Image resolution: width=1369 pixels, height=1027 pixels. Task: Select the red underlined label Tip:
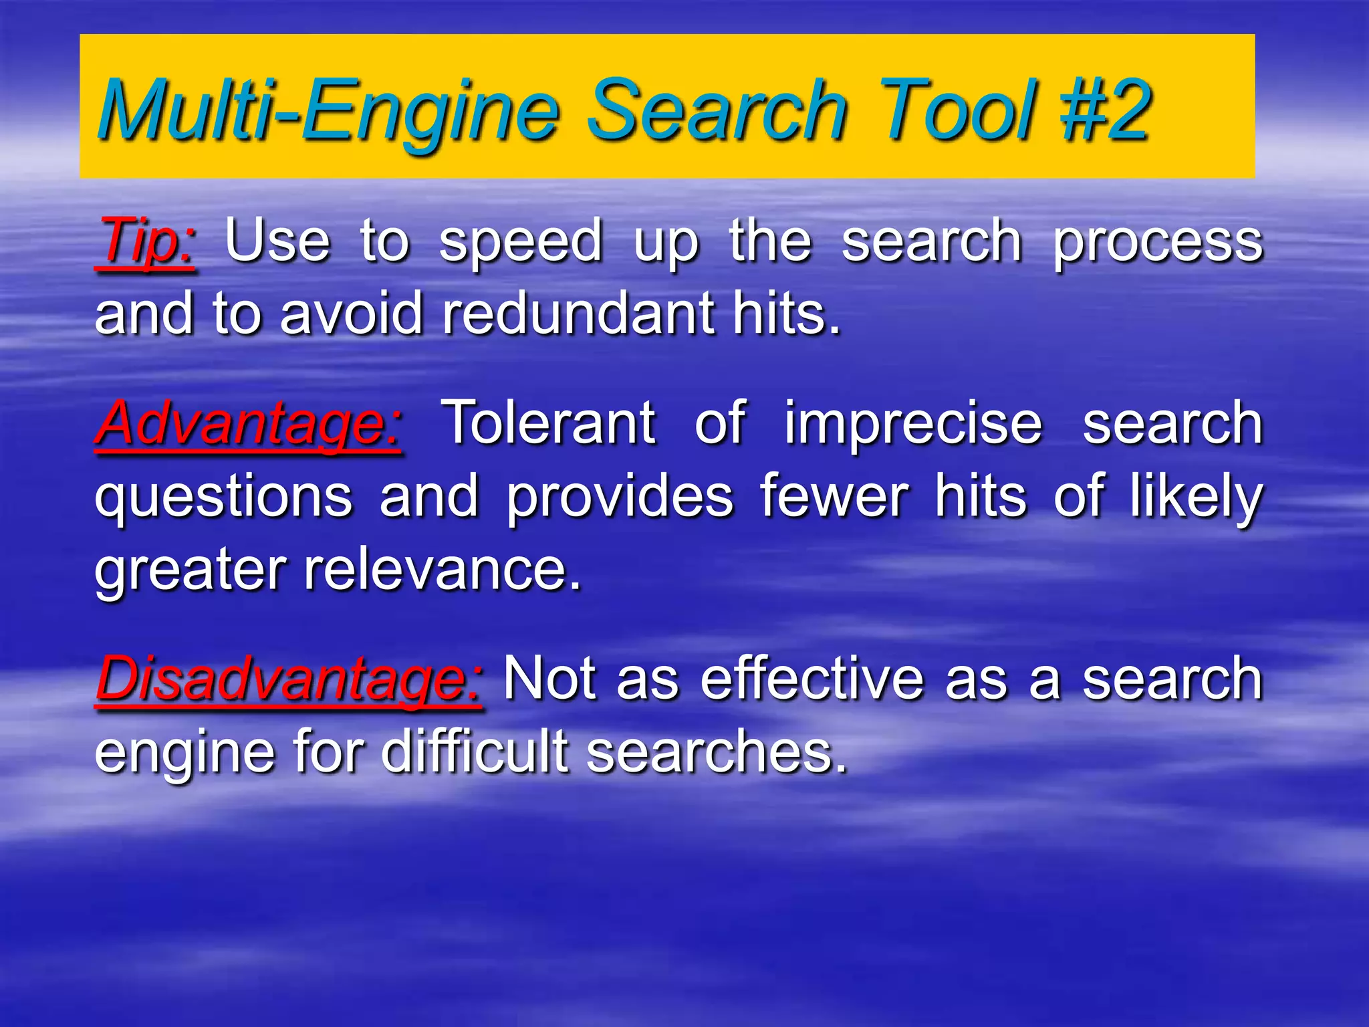click(x=146, y=242)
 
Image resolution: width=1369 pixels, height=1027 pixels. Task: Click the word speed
click(x=521, y=242)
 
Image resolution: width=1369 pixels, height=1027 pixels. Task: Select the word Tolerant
click(x=549, y=423)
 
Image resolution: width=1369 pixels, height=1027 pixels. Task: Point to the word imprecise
click(x=913, y=423)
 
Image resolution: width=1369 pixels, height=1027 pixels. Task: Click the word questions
click(x=224, y=498)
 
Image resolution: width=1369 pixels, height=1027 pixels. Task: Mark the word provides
click(x=620, y=498)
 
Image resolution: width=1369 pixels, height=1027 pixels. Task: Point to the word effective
click(x=812, y=679)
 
